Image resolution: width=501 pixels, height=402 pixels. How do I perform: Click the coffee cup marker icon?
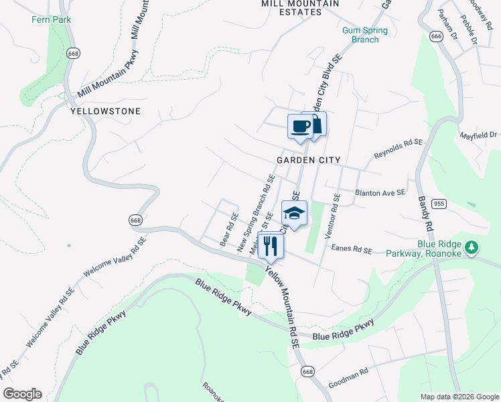point(300,126)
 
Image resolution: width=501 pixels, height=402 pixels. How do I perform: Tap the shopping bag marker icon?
point(315,123)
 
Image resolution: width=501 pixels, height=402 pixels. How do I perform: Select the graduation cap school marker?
point(294,213)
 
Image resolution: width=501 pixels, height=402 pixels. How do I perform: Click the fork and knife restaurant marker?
point(271,245)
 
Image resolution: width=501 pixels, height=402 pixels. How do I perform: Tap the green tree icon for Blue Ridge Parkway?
point(472,247)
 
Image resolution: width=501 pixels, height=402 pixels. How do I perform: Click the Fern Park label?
point(51,19)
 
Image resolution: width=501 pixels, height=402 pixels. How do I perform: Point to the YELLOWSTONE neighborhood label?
point(105,112)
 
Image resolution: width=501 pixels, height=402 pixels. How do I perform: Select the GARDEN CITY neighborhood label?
point(309,161)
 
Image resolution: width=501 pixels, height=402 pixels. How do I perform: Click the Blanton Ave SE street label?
point(380,192)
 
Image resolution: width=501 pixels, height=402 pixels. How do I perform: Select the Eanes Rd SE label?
point(351,250)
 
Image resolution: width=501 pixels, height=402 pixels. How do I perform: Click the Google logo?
point(22,394)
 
